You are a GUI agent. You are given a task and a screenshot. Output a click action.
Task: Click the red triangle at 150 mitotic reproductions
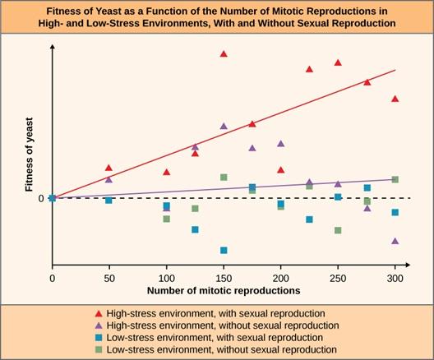pyautogui.click(x=223, y=53)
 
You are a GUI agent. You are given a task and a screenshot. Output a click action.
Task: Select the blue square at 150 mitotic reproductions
pyautogui.click(x=224, y=250)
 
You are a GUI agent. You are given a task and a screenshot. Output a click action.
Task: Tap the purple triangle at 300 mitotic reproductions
pyautogui.click(x=395, y=241)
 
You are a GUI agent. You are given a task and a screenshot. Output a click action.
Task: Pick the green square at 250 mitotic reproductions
pyautogui.click(x=338, y=230)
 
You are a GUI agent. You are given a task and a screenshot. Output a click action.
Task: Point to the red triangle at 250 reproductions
pyautogui.click(x=338, y=62)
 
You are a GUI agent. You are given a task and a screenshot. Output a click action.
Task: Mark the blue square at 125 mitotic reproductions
pyautogui.click(x=195, y=229)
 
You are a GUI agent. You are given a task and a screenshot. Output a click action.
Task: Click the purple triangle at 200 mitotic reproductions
pyautogui.click(x=281, y=143)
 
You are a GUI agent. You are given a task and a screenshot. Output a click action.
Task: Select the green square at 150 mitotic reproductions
pyautogui.click(x=224, y=177)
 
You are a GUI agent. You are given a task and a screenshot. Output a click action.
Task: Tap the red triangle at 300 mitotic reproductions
pyautogui.click(x=395, y=99)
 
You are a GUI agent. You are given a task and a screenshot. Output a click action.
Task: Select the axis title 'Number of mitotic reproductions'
pyautogui.click(x=224, y=291)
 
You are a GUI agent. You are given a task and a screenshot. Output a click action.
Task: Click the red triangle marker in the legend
pyautogui.click(x=99, y=313)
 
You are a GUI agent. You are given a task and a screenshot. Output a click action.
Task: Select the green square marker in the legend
pyautogui.click(x=99, y=350)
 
